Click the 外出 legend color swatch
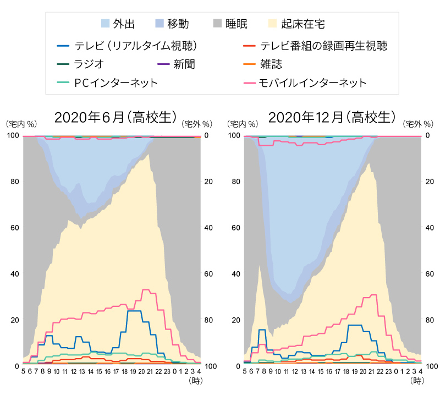(x=106, y=24)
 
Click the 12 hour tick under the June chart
(x=73, y=372)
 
